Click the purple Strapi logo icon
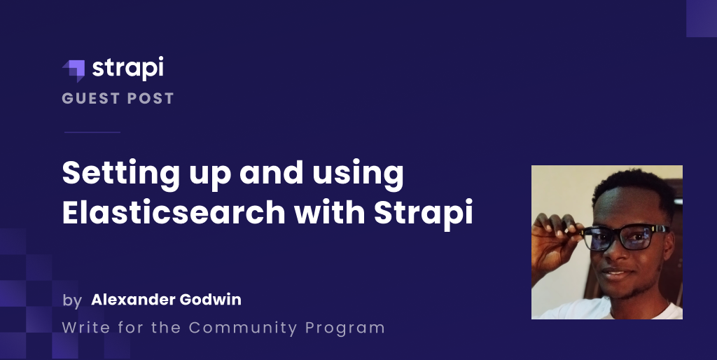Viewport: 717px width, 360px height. (x=74, y=71)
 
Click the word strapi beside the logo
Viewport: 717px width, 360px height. (x=127, y=68)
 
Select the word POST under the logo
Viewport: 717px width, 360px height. (x=151, y=98)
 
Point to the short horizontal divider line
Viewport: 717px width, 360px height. (x=92, y=132)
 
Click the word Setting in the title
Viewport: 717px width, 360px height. (x=120, y=174)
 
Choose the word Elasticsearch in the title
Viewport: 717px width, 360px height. (x=174, y=212)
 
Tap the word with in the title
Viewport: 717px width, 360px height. (x=329, y=212)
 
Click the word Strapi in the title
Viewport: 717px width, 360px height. (x=424, y=214)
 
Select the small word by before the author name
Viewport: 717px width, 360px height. (x=72, y=301)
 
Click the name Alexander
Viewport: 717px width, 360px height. (x=133, y=300)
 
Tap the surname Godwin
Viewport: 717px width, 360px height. (x=210, y=300)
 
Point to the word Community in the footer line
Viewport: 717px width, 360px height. (x=243, y=328)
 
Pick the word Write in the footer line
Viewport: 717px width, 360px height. (x=86, y=328)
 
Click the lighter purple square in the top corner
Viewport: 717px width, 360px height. (x=702, y=18)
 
